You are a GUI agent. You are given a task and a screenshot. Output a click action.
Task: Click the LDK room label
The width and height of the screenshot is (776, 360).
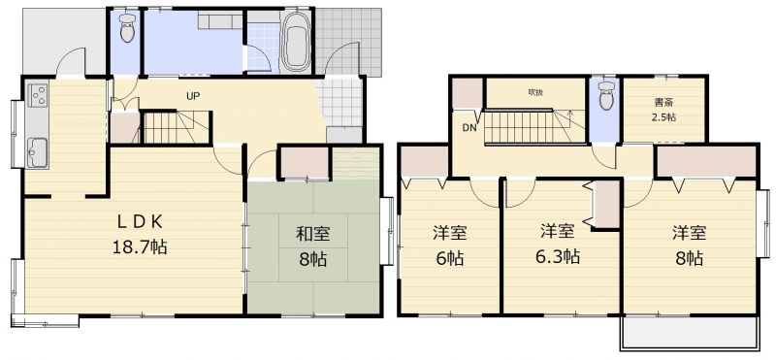click(140, 223)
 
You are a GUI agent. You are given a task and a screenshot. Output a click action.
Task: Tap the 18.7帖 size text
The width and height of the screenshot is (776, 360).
click(140, 245)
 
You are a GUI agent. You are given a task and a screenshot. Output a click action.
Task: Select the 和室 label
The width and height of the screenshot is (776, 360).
click(312, 234)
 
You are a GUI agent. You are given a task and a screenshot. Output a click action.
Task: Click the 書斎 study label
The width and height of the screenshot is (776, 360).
click(663, 104)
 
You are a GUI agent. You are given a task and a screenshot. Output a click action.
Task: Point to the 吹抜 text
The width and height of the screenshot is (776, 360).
click(535, 92)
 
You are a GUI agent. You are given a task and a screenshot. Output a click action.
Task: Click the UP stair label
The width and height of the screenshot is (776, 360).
click(193, 96)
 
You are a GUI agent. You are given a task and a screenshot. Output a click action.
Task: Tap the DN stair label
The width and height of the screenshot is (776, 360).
click(469, 128)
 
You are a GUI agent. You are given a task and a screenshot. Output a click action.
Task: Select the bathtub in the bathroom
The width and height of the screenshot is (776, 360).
click(296, 44)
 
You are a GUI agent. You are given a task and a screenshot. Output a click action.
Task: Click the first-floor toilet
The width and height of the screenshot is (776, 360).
click(128, 28)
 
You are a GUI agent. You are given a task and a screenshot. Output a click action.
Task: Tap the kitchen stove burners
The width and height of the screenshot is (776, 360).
click(38, 94)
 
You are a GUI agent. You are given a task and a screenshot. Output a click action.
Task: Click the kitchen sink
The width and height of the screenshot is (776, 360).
click(38, 152)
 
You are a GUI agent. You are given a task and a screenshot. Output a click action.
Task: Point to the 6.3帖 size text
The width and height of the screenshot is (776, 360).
click(557, 256)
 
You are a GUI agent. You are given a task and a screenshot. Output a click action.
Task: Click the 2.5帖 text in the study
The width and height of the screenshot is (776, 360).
click(663, 117)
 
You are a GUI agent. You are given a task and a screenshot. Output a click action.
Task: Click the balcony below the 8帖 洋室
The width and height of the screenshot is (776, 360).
click(690, 333)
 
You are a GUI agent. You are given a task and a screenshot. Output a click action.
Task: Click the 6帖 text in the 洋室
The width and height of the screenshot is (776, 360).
click(450, 257)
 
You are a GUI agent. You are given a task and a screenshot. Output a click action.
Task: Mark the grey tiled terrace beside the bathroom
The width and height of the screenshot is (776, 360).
click(348, 42)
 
